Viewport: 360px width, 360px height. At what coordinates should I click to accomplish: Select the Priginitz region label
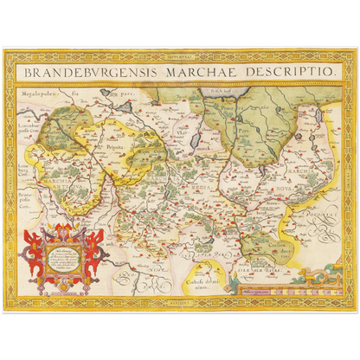tap(116, 148)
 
